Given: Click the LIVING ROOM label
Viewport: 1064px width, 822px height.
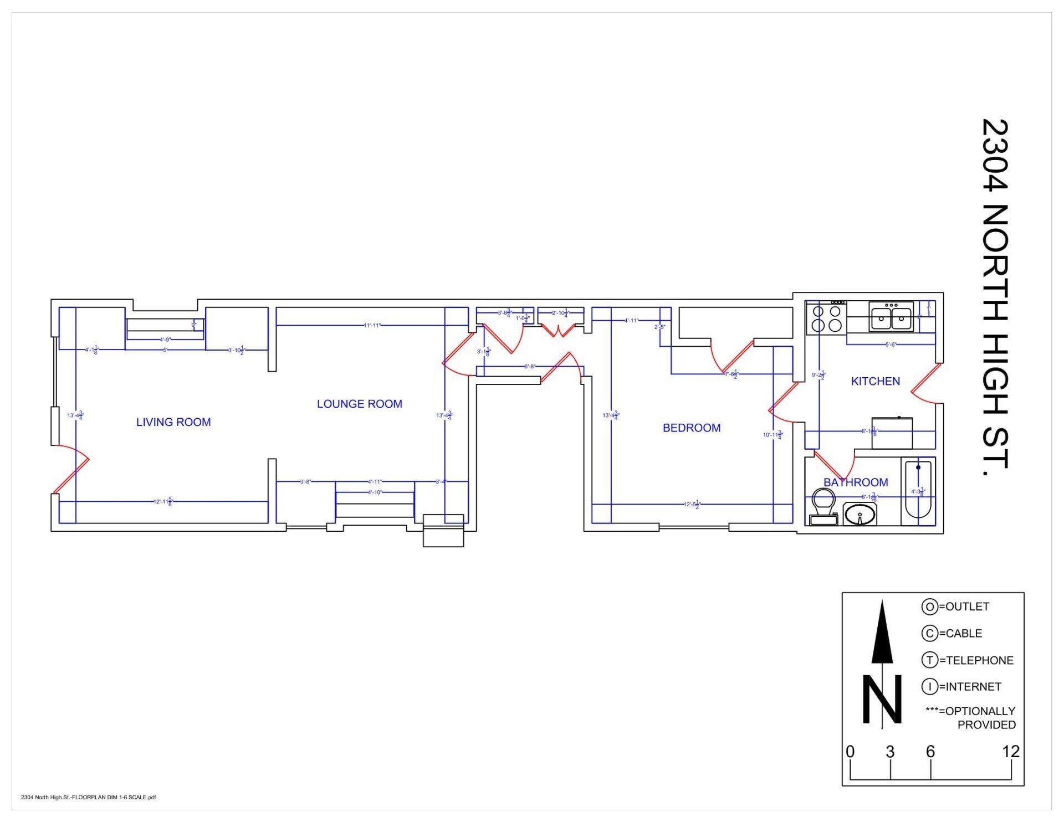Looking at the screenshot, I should (x=173, y=422).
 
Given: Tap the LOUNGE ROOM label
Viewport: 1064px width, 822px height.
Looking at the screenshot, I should (x=359, y=404).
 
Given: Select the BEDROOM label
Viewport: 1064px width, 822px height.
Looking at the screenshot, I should (x=692, y=428).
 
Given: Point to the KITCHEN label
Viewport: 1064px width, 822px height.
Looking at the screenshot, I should (x=875, y=381).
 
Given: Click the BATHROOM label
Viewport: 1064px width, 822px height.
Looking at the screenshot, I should (x=855, y=482).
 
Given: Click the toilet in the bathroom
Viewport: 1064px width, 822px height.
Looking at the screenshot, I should (x=823, y=505).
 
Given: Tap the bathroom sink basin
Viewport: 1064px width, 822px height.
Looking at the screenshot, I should (x=860, y=515).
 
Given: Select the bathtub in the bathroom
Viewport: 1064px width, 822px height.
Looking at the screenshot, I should (x=918, y=491).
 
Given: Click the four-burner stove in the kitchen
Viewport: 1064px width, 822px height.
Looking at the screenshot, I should (x=826, y=318).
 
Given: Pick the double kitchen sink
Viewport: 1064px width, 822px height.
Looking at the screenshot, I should (x=891, y=317).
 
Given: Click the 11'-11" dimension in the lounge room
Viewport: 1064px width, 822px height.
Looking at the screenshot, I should (x=372, y=325).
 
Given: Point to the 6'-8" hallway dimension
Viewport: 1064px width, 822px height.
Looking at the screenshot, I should (x=530, y=366).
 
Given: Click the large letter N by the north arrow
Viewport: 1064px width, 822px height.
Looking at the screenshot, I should (x=881, y=699).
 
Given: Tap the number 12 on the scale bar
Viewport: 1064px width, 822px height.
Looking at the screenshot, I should (x=1011, y=752).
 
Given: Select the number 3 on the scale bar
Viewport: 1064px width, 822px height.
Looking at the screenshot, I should (x=890, y=752).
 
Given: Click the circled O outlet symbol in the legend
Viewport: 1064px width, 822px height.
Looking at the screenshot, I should (x=929, y=607).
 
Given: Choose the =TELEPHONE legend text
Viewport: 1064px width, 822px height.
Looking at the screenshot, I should (x=976, y=660).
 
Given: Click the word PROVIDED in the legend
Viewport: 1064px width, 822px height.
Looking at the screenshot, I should (x=986, y=725).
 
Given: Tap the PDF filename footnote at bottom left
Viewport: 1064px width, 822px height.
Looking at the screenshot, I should (x=89, y=798).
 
